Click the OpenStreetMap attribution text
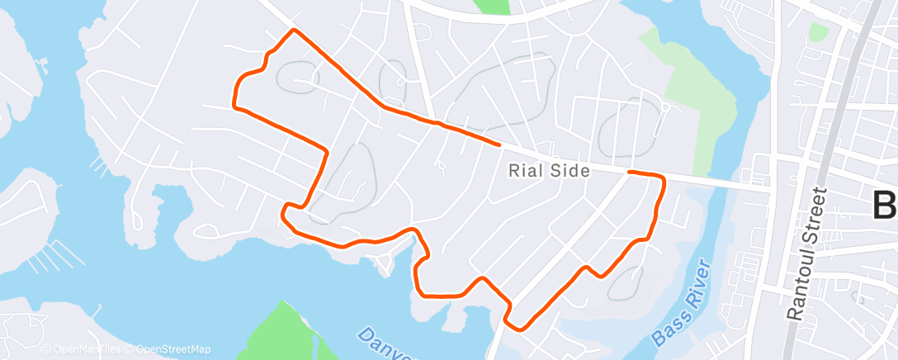click(x=173, y=349)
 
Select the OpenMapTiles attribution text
click(x=86, y=349)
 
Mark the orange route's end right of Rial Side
click(x=630, y=172)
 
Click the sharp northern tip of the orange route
click(x=293, y=31)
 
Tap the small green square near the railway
click(x=818, y=32)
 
